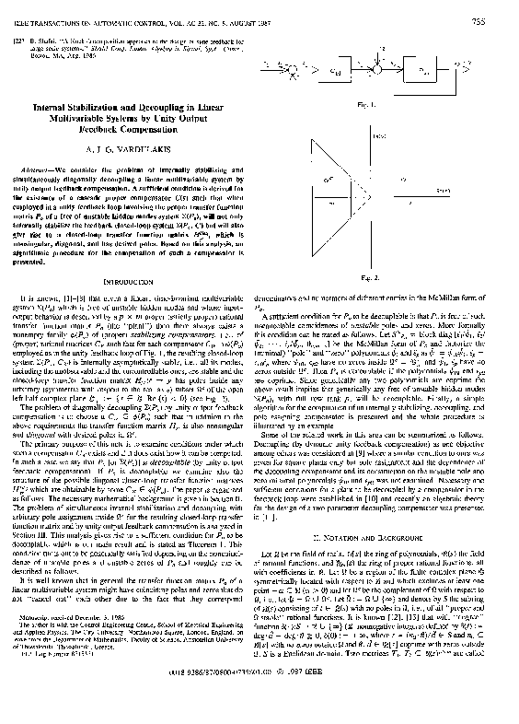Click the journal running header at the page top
[x=138, y=10]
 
